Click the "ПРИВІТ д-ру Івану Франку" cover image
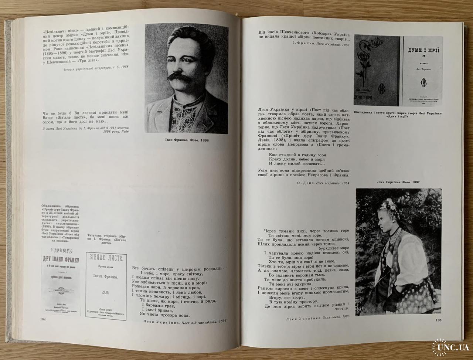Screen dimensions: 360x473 (61, 281)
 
